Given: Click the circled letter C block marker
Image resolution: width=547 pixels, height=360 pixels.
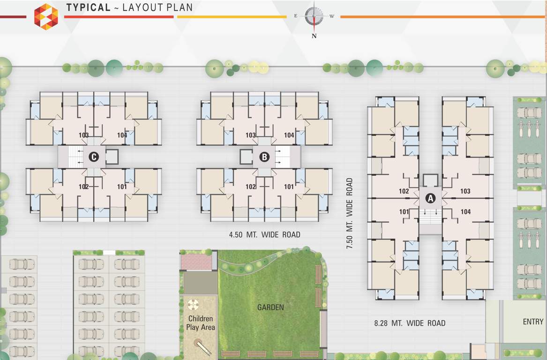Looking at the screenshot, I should (x=94, y=157).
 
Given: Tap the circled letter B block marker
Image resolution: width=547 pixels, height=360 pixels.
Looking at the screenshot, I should (x=264, y=157).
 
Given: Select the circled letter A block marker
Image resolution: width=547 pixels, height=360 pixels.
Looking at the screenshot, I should (x=430, y=198).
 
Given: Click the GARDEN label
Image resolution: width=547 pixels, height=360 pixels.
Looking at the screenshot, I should (x=270, y=307).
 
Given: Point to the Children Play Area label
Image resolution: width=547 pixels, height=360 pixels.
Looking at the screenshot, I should (x=200, y=323).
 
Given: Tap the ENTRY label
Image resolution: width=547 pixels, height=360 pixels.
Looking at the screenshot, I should (x=533, y=322).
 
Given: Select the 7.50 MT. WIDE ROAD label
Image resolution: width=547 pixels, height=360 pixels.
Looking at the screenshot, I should (x=349, y=213).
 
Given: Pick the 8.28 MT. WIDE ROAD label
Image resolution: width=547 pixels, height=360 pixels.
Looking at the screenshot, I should (x=409, y=323).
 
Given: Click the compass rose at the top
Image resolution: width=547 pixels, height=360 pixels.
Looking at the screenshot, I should (x=314, y=16).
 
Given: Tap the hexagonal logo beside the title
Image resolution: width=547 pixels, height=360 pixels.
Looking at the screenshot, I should (x=46, y=16).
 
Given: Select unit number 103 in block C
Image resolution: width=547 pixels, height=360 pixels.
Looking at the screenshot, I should (x=84, y=135).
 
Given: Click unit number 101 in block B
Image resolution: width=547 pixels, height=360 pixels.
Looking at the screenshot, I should (x=289, y=187).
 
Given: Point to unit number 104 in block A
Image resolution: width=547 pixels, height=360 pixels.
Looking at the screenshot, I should (x=465, y=212).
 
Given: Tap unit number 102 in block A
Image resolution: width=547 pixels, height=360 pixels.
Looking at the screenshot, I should (x=404, y=191).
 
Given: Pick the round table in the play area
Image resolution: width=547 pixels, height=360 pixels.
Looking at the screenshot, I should (x=193, y=305).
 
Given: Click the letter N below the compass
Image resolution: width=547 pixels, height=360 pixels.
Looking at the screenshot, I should (x=314, y=36).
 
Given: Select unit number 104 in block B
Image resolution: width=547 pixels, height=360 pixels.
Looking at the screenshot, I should (x=289, y=135).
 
